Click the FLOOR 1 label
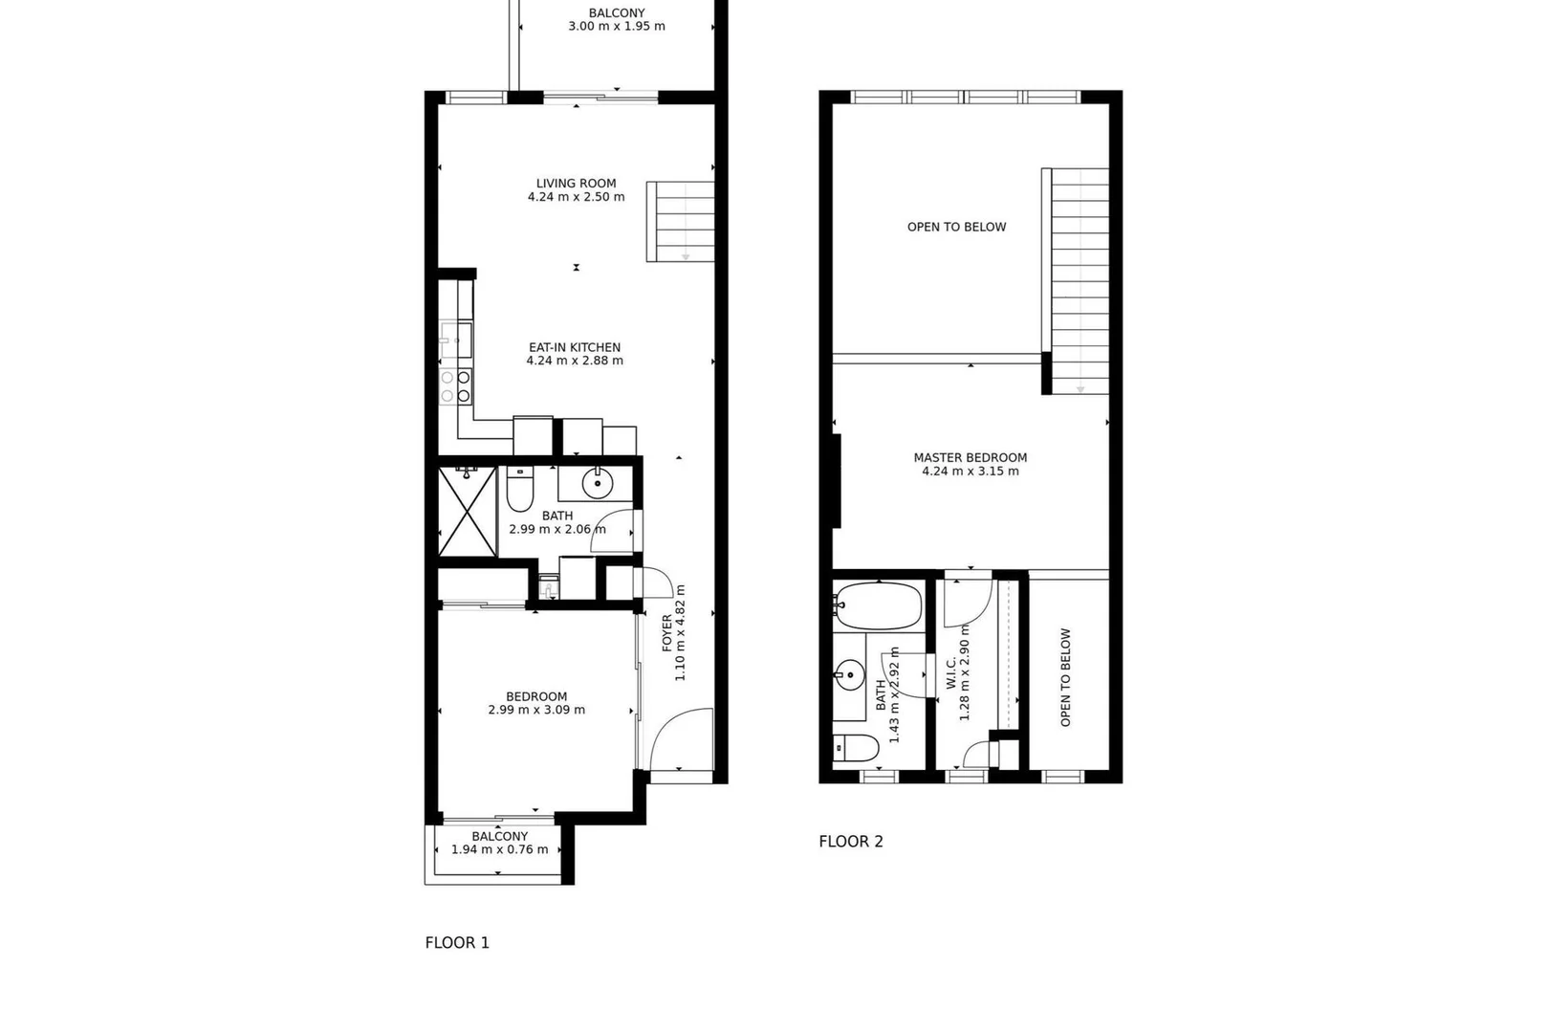457,942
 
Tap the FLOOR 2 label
851,842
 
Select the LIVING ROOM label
576,184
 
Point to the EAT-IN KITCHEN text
575,347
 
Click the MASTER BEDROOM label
971,457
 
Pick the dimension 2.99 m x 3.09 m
536,710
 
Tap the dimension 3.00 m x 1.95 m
617,26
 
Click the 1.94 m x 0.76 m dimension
500,849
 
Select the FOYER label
667,633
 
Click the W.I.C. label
950,673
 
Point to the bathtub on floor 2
878,605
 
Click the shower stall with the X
468,512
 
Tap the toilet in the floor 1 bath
520,489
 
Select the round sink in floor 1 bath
598,483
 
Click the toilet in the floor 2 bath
856,748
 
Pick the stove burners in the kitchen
456,386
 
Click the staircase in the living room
681,221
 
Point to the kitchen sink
456,341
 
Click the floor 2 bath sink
849,674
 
